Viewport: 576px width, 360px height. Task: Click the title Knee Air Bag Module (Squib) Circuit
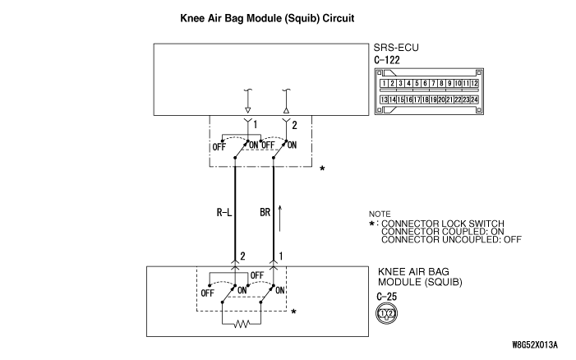[267, 18]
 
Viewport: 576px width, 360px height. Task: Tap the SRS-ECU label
[396, 48]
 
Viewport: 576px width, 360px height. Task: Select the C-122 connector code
[387, 60]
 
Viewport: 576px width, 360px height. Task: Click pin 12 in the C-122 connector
[474, 83]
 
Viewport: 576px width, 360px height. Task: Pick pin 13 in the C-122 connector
[384, 99]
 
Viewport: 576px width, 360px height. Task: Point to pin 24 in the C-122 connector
[474, 99]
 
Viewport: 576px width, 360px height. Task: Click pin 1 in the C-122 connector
[384, 83]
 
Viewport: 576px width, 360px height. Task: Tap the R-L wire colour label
[224, 212]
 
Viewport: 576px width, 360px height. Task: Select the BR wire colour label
[265, 212]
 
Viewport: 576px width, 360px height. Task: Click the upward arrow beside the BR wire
[280, 219]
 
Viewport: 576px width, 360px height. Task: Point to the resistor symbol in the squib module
[242, 324]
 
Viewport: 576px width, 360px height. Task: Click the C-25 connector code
[386, 297]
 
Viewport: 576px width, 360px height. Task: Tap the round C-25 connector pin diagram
[387, 313]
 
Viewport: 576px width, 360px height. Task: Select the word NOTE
[380, 214]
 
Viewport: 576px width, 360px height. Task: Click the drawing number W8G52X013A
[535, 345]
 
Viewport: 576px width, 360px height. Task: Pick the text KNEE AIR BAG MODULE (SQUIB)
[420, 277]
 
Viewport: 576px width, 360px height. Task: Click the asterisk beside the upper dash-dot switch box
[322, 169]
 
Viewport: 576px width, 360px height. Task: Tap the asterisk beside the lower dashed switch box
[293, 312]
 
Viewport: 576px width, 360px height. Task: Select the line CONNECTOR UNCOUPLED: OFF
[451, 240]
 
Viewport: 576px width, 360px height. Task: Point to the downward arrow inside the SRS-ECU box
[247, 100]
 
